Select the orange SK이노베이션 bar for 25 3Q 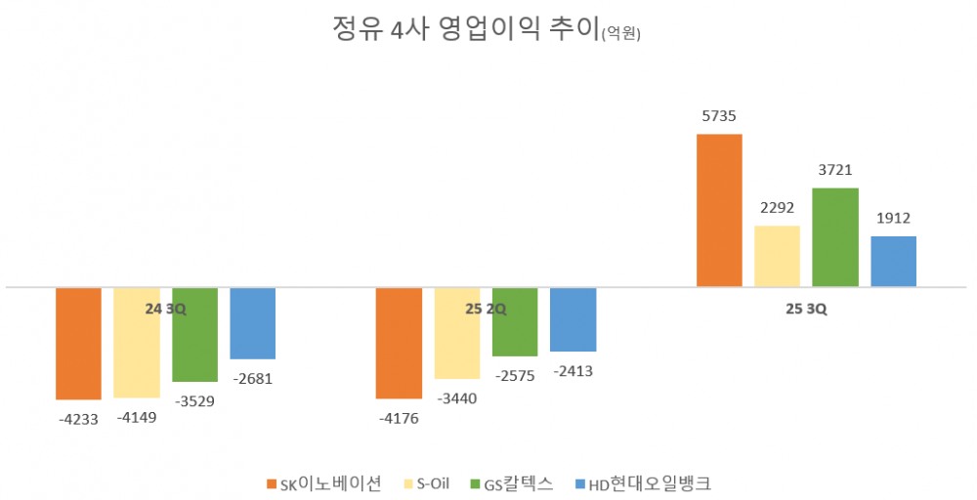719,210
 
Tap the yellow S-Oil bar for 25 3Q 777,256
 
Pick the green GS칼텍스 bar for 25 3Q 835,237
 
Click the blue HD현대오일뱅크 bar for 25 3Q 893,261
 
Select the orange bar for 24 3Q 78,343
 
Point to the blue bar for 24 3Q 252,323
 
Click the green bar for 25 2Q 515,321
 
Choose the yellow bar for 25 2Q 457,333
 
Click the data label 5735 718,116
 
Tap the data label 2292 777,208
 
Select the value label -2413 573,371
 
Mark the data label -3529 194,400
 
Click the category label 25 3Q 806,310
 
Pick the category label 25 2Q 486,310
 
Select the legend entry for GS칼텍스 512,483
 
